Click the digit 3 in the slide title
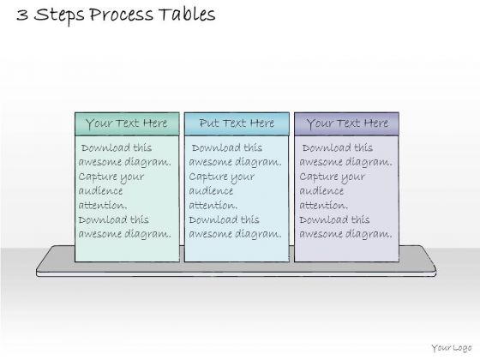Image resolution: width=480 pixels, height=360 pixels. [x=22, y=15]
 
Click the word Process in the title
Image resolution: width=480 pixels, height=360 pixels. [x=121, y=15]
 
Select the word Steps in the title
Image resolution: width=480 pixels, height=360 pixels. [x=59, y=16]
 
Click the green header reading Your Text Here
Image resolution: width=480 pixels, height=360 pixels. [x=127, y=124]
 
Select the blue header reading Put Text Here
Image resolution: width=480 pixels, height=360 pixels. [x=237, y=124]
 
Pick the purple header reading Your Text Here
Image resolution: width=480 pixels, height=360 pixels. [x=346, y=124]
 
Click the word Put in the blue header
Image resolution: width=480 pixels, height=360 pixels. [x=208, y=123]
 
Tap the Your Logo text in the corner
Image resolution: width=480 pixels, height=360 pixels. [x=452, y=348]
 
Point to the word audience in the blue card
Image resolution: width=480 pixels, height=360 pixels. [x=211, y=190]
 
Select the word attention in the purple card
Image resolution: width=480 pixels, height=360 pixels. [x=323, y=205]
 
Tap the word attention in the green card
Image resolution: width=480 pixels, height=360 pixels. [x=103, y=205]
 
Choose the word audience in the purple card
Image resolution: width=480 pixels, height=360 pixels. [x=321, y=190]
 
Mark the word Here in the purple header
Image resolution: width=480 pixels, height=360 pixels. [x=376, y=123]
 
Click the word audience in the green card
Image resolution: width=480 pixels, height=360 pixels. [x=100, y=190]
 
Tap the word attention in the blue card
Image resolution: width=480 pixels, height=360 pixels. [x=213, y=205]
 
